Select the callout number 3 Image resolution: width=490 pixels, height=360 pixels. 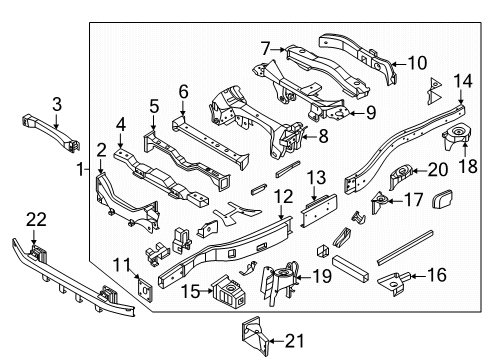57,103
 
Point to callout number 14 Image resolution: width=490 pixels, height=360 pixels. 461,81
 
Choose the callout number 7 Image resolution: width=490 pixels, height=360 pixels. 266,47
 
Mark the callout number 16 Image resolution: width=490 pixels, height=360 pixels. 436,273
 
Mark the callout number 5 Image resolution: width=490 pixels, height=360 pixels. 154,105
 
